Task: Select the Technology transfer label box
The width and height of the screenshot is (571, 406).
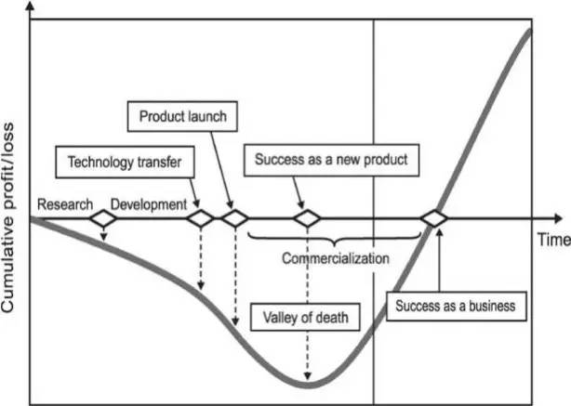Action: click(124, 164)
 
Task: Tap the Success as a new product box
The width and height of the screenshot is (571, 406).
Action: click(332, 159)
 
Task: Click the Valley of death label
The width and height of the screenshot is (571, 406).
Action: click(304, 318)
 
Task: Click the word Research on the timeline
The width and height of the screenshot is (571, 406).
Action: click(63, 203)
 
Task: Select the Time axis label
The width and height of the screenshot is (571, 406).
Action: click(552, 239)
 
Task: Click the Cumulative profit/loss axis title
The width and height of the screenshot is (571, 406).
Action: click(13, 204)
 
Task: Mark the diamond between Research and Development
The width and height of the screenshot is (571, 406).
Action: click(102, 219)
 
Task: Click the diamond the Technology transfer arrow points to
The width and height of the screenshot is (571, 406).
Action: click(201, 219)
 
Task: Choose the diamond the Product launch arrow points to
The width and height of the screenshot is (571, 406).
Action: click(232, 219)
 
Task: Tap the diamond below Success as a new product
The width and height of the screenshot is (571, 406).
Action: click(307, 219)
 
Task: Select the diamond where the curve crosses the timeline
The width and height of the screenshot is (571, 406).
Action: click(433, 219)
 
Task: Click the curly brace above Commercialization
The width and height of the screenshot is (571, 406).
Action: click(335, 237)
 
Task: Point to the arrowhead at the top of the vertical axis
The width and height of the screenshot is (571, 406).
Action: click(32, 7)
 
